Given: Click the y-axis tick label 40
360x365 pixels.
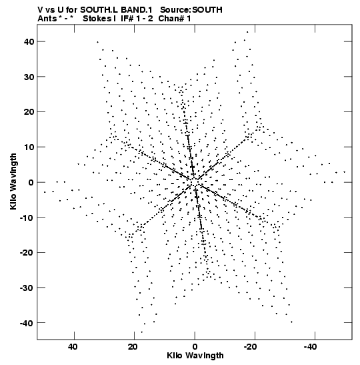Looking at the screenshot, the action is pos(29,41).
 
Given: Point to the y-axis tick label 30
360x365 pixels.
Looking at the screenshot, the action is pos(29,77).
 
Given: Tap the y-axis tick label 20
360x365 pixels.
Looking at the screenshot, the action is pos(29,112).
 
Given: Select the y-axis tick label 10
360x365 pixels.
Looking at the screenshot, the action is pos(29,147).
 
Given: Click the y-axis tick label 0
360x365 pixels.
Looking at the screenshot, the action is pos(31,182).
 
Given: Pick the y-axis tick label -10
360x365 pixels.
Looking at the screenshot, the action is pos(27,218).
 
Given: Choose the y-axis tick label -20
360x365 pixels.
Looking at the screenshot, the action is pos(27,253).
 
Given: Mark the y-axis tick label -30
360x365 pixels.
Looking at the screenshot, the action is pos(27,288).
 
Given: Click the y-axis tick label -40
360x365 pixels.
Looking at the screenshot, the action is pos(27,323).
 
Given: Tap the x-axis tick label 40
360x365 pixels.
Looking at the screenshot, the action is pos(73,347).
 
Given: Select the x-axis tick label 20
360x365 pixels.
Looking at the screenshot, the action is pos(133,347).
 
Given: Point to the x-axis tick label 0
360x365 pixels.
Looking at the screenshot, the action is pos(195,347).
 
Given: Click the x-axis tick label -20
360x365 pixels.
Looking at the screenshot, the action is pos(250,347).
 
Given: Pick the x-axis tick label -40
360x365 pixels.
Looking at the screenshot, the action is pos(310,347).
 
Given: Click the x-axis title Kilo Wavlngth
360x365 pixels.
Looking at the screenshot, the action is pos(195,356).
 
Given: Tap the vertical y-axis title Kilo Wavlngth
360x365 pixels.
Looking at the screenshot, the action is pos(13,181).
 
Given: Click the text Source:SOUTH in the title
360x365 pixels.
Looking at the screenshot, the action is pos(191,10).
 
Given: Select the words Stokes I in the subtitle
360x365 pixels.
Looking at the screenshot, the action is pos(99,19).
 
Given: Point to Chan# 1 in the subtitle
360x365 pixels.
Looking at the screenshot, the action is pos(175,19).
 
